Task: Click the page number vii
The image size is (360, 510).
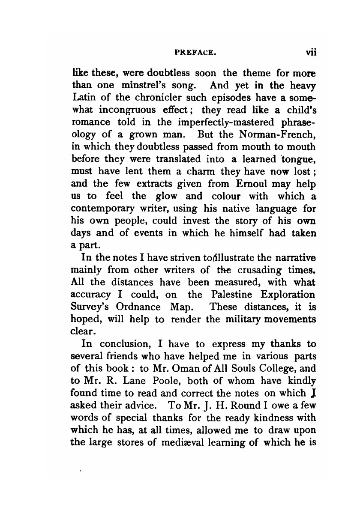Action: [x=310, y=54]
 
